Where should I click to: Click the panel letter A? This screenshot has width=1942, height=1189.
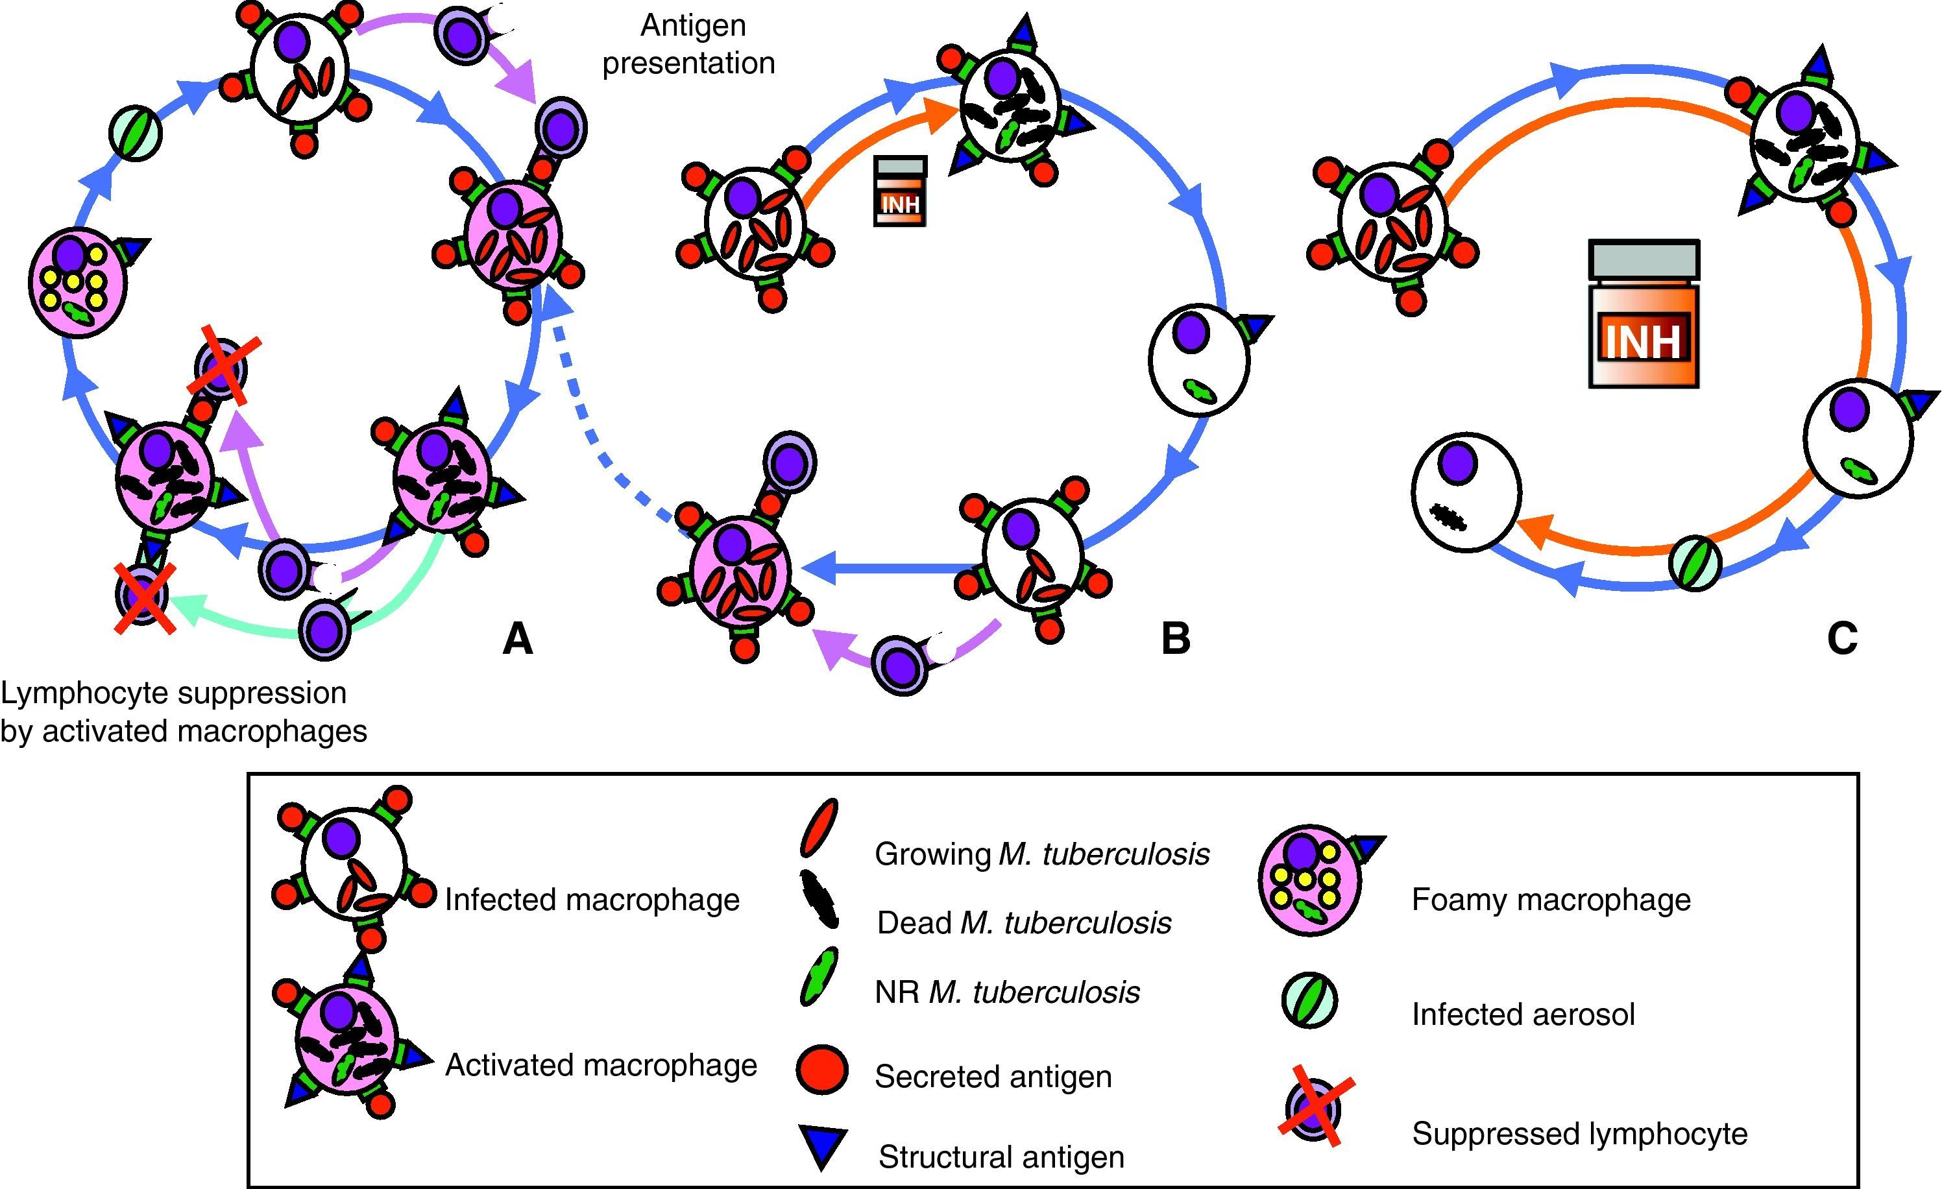pos(518,638)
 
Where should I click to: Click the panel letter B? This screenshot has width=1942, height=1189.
pos(1175,638)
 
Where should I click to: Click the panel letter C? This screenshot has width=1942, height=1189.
pos(1842,638)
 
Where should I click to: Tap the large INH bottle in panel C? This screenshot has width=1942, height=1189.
pos(1644,315)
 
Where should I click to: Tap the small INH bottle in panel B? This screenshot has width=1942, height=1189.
pos(900,191)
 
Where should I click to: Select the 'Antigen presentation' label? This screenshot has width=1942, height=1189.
pos(690,44)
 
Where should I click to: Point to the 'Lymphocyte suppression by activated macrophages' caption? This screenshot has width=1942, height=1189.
pos(183,712)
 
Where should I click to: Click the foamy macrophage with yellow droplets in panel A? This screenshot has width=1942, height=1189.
pos(77,282)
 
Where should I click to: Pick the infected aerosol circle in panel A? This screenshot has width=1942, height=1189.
pos(136,134)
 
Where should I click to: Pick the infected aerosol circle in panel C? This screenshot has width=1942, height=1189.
pos(1695,562)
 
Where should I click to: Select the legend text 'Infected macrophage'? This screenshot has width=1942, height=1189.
pos(592,899)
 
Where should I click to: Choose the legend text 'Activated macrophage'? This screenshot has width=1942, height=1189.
pos(601,1064)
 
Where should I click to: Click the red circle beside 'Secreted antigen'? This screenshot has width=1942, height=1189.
pos(822,1070)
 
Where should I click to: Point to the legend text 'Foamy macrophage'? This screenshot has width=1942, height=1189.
pos(1550,899)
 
